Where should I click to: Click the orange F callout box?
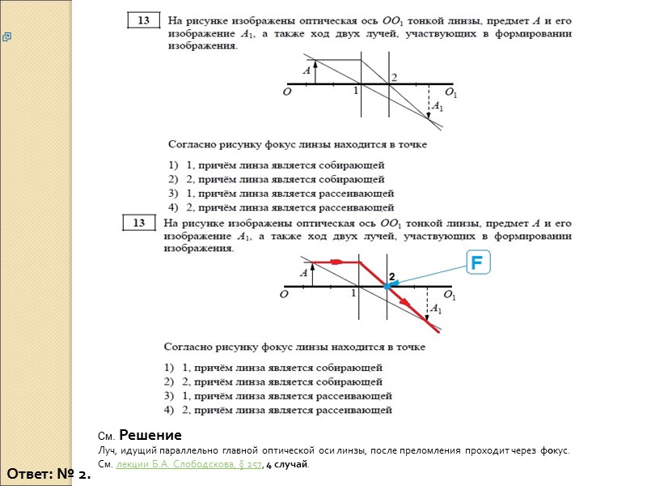[477, 263]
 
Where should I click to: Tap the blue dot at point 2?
[387, 287]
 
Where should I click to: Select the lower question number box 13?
[140, 223]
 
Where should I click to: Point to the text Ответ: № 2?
[49, 473]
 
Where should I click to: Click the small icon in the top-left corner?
[6, 36]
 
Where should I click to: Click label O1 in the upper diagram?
[450, 94]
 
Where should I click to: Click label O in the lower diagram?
[285, 296]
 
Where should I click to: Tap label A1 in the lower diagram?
[435, 309]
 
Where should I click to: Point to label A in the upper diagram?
[307, 71]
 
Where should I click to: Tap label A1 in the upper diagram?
[438, 106]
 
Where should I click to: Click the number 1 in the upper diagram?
[355, 92]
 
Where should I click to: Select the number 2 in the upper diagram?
[394, 77]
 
